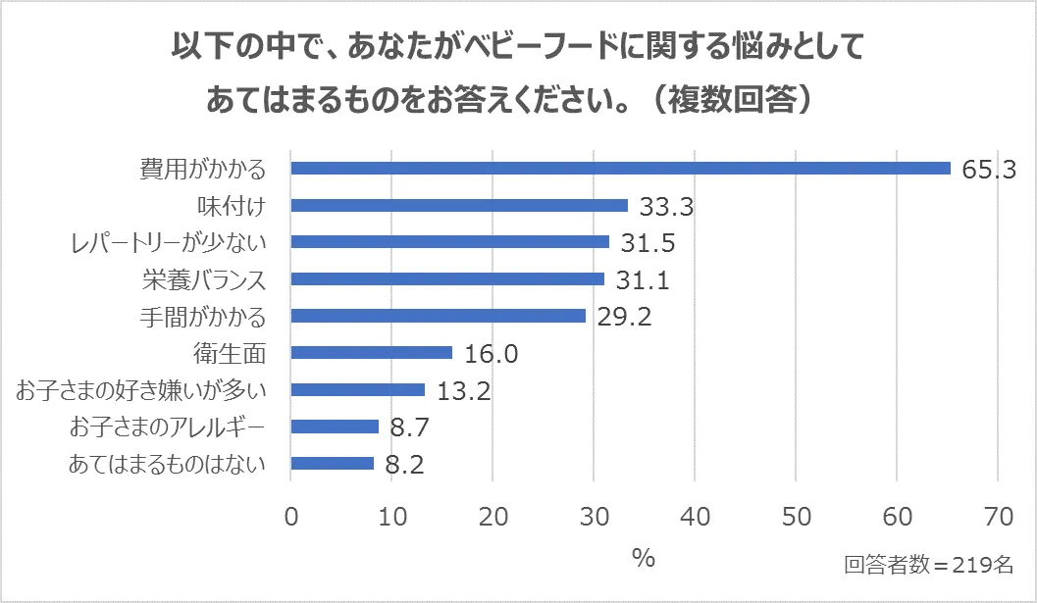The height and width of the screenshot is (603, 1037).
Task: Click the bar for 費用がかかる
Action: (x=621, y=169)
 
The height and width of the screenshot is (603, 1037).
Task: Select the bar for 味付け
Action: (x=459, y=206)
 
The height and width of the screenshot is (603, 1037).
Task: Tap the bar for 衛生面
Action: (x=372, y=353)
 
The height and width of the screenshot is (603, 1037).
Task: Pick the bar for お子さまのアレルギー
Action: (x=336, y=427)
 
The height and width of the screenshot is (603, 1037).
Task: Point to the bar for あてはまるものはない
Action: (x=333, y=464)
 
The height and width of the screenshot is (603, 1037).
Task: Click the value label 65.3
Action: (x=988, y=170)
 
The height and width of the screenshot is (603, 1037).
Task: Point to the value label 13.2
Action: (x=464, y=391)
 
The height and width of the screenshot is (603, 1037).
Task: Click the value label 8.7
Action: (x=409, y=427)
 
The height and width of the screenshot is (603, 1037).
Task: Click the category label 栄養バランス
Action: (x=204, y=279)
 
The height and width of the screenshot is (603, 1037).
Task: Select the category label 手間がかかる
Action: (x=204, y=317)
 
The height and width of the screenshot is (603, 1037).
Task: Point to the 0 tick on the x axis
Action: (x=291, y=515)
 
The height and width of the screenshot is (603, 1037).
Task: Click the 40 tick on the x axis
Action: (x=695, y=515)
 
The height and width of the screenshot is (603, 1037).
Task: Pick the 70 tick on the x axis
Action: (x=997, y=515)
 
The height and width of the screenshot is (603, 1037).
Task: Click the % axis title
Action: (x=643, y=559)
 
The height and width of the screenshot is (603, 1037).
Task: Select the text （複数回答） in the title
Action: (x=732, y=99)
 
